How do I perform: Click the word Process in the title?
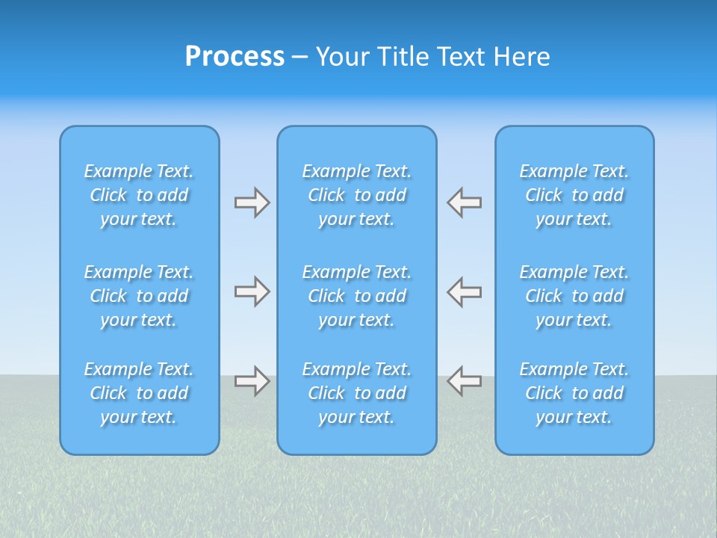(x=235, y=57)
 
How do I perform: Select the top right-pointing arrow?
(x=252, y=202)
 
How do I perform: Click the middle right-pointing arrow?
(x=252, y=291)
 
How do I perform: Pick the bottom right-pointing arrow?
(x=252, y=381)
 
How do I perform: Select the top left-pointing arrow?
(x=465, y=202)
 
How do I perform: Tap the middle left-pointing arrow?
(x=465, y=291)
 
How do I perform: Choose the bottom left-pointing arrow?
(x=465, y=381)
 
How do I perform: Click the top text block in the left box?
(x=139, y=195)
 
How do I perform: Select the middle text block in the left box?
(x=139, y=296)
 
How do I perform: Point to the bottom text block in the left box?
(x=139, y=393)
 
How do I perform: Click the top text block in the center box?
(x=357, y=195)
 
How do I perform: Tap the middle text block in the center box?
(x=357, y=296)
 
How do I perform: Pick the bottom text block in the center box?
(x=357, y=393)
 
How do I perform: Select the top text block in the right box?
(x=574, y=195)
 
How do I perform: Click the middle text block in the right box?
(x=574, y=296)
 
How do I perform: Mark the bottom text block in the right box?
(x=574, y=393)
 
